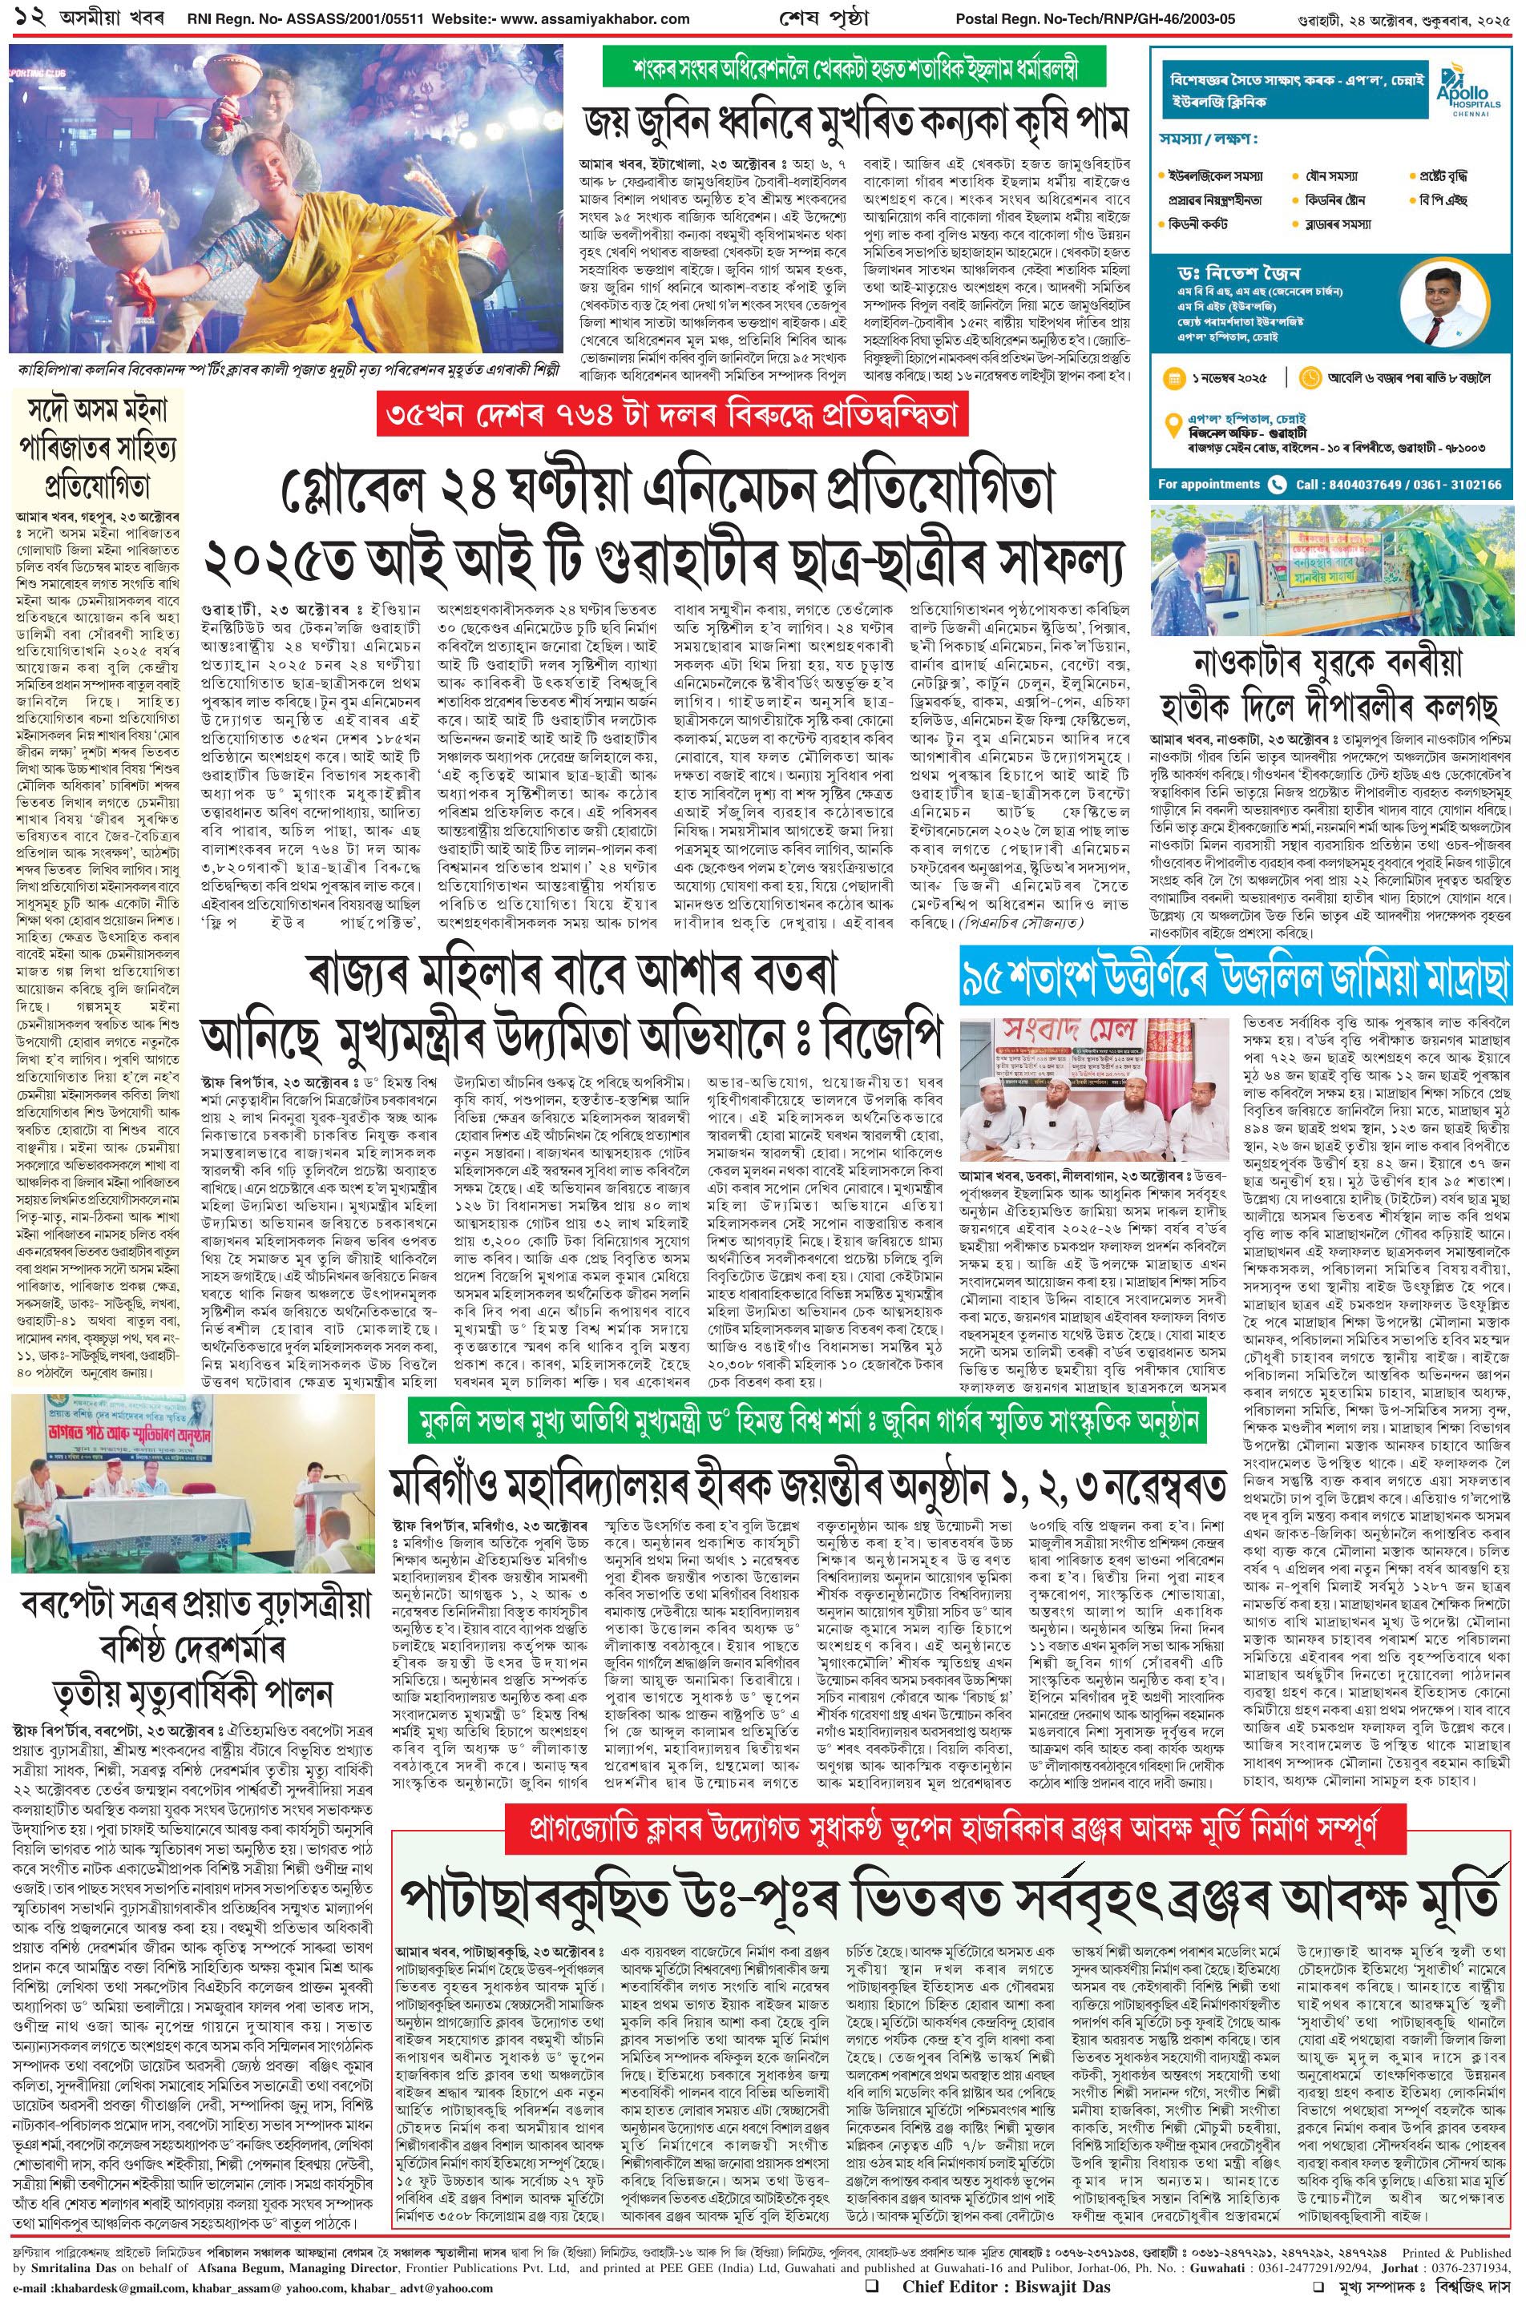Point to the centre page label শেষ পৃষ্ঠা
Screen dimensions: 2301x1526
pyautogui.click(x=769, y=18)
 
